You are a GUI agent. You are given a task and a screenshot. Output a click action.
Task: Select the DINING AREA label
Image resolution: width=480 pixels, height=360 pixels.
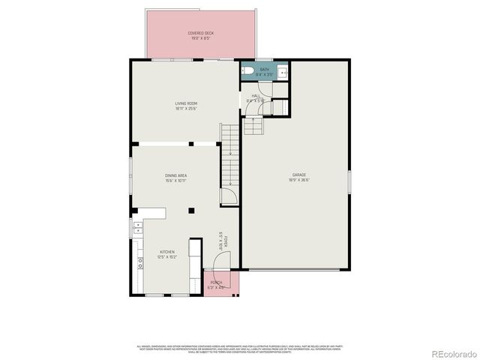176,176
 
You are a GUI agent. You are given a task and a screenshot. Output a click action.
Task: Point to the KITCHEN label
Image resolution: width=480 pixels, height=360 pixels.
166,252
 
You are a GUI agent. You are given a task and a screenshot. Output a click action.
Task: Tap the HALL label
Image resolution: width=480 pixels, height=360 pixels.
256,96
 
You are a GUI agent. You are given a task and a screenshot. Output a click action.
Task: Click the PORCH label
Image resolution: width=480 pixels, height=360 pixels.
216,282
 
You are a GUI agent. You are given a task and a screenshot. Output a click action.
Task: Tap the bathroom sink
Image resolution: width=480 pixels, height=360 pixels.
283,73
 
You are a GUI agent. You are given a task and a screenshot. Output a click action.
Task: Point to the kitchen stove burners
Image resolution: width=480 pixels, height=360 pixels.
139,262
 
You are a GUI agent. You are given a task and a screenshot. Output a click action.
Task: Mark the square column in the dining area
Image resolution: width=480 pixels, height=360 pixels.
191,210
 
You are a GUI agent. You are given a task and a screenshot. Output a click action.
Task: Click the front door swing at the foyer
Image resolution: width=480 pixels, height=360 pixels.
222,261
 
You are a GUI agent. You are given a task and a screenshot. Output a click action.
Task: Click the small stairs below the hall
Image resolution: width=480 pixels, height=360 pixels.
255,126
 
